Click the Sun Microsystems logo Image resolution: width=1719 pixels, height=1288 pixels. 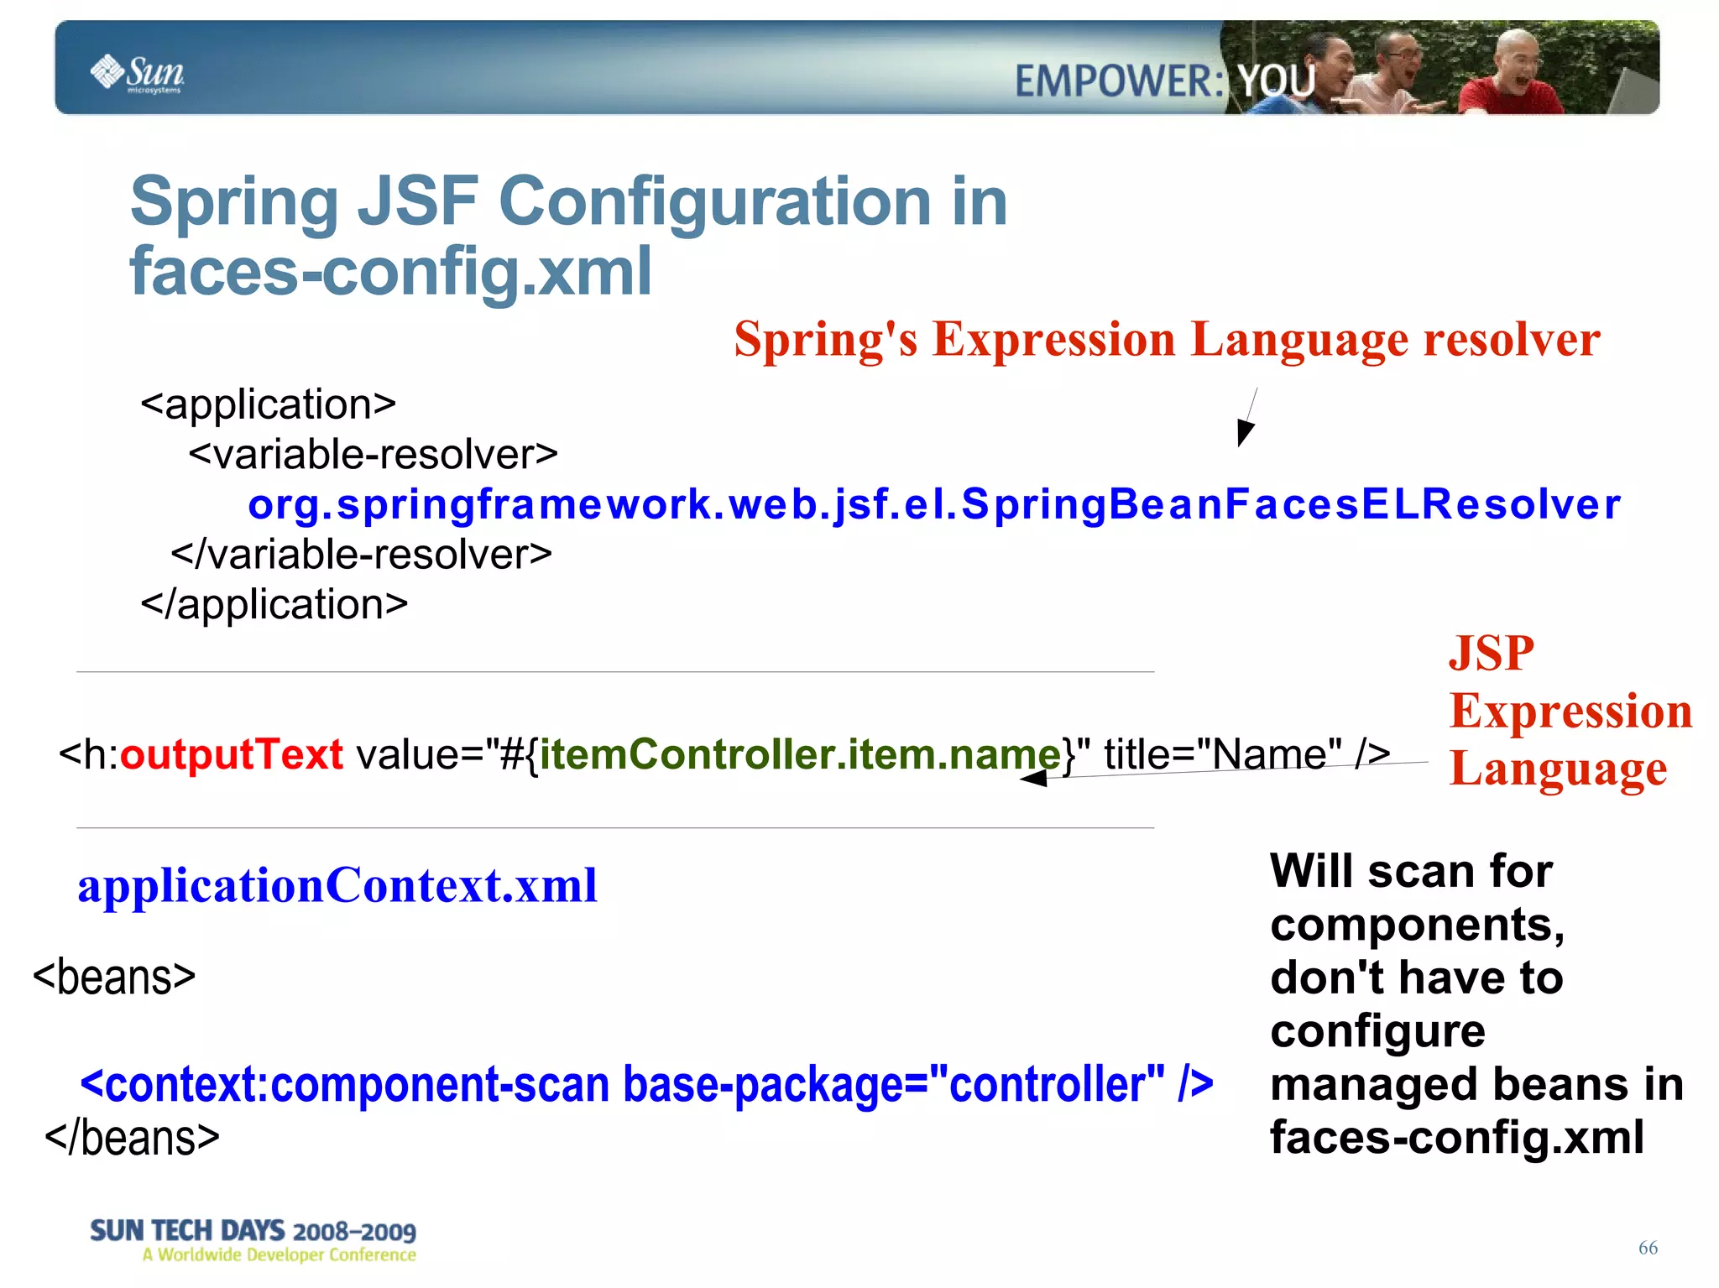pos(137,73)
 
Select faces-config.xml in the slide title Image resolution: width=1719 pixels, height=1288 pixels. pos(390,272)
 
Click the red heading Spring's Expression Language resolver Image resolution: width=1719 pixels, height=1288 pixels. pos(1167,340)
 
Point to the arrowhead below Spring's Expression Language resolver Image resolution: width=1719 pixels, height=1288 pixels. pos(1245,433)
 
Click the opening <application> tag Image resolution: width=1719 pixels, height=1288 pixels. pos(268,404)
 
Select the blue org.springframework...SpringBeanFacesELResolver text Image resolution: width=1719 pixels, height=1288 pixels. pos(933,504)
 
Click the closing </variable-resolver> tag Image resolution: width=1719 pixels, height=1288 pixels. pos(361,555)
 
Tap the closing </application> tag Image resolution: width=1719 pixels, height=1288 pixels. pos(274,604)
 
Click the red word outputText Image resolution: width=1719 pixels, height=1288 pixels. pos(232,754)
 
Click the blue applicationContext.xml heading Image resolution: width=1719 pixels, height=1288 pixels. pos(337,885)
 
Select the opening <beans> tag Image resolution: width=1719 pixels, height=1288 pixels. pos(114,978)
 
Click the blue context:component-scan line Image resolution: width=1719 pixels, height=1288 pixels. pos(646,1084)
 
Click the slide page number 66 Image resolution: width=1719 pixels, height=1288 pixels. pos(1648,1248)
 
